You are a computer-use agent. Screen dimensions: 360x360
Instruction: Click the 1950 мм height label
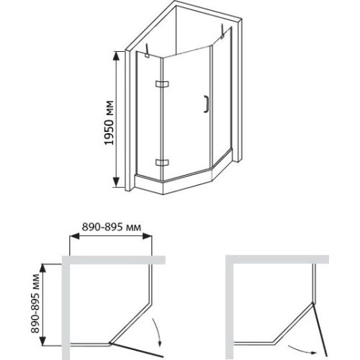[x=109, y=122]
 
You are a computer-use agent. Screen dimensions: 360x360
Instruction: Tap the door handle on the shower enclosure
[x=206, y=104]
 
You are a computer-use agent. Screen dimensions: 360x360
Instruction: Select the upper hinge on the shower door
[x=162, y=84]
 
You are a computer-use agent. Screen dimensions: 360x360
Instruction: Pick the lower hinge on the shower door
[x=162, y=163]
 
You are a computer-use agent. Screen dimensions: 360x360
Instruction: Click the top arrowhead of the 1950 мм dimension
[x=116, y=56]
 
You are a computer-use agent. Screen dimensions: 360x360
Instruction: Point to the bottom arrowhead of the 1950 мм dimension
[x=116, y=183]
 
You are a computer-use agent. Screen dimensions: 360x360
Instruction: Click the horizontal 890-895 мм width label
[x=112, y=227]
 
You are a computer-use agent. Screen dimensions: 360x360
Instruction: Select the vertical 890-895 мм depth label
[x=35, y=303]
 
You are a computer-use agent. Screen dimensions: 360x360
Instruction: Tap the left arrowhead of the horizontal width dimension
[x=74, y=236]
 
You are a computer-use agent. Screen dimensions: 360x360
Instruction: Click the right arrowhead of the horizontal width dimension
[x=147, y=236]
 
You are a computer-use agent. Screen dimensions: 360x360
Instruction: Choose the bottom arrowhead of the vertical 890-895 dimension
[x=42, y=341]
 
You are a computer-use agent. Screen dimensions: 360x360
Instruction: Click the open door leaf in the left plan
[x=136, y=349]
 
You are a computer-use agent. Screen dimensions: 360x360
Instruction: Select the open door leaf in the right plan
[x=320, y=330]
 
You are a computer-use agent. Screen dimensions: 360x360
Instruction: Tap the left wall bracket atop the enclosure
[x=147, y=51]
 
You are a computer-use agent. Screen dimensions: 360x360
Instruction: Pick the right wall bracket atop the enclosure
[x=223, y=31]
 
